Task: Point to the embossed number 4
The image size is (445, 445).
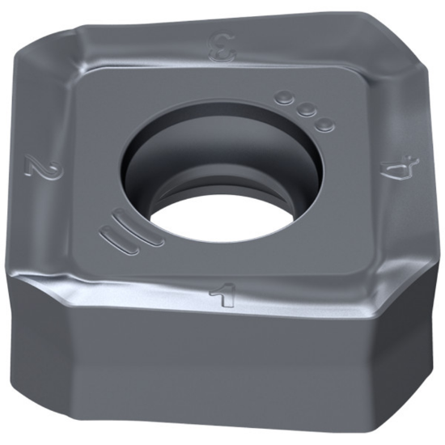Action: coord(397,172)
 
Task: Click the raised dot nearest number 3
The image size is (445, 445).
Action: coord(283,98)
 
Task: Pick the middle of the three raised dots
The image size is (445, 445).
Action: coord(305,111)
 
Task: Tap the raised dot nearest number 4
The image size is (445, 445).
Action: coord(325,125)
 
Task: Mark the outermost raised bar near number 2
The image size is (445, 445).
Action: coord(114,239)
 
